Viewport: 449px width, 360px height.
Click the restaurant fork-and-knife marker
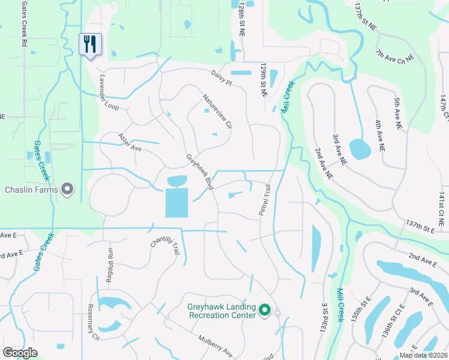[91, 44]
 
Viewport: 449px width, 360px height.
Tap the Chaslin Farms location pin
[68, 190]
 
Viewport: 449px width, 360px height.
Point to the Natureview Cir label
[217, 111]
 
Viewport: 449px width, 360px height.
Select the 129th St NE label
[263, 81]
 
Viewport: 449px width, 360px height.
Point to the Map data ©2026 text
[423, 355]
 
